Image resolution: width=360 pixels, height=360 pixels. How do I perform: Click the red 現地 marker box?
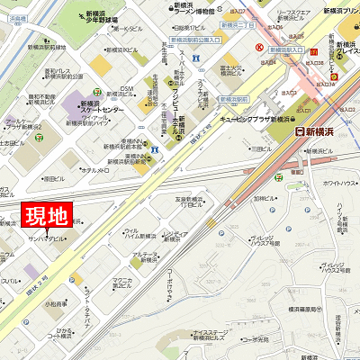point(44,216)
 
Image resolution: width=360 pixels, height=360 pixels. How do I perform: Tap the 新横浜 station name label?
point(318,132)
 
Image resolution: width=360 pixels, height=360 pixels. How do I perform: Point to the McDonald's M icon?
point(333,76)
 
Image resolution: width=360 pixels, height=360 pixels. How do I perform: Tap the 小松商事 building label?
point(56,303)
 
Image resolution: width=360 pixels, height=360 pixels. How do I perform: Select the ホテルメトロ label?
point(95,169)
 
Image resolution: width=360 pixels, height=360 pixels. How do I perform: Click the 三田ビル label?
point(262,148)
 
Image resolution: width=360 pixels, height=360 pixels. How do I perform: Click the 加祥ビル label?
point(263,201)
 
